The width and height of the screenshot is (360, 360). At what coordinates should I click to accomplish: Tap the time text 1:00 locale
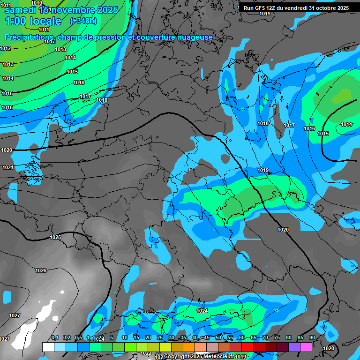pos(33,21)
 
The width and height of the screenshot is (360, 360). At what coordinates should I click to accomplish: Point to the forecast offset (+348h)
pos(83,21)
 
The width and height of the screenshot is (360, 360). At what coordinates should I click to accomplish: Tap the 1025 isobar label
pos(55,237)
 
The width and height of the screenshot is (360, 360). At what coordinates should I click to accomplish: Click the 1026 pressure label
pos(41,270)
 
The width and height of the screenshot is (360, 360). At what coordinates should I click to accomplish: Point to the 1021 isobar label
pos(7,167)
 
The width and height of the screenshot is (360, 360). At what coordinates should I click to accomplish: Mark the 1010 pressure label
pos(36,16)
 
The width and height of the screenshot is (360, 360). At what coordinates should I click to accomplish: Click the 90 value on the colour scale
pos(312,338)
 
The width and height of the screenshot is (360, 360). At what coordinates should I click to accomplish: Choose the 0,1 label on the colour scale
pos(55,338)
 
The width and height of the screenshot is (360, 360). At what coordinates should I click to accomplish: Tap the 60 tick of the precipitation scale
pos(241,338)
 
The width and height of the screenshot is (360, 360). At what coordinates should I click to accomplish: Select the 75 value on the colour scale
pos(277,338)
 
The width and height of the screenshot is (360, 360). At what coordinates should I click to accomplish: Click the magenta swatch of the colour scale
pos(306,347)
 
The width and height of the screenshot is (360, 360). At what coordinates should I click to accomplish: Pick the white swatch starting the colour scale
pos(48,347)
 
